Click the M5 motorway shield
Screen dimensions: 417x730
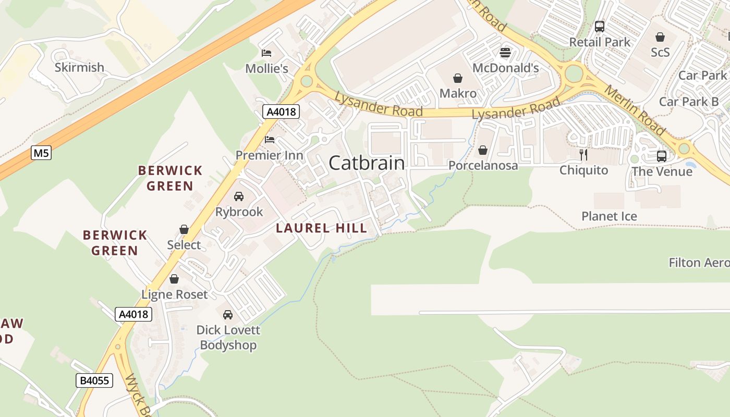click(41, 153)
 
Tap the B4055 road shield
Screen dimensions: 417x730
click(94, 381)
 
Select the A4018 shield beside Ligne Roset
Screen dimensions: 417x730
click(133, 314)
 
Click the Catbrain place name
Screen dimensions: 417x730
click(367, 163)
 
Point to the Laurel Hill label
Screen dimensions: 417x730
click(321, 228)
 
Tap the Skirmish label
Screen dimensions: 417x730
click(79, 67)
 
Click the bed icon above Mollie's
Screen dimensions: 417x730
click(266, 53)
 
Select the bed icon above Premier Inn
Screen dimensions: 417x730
click(270, 139)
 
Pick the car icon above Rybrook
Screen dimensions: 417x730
click(239, 197)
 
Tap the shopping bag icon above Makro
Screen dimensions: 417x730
click(458, 78)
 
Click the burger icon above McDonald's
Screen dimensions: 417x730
click(505, 52)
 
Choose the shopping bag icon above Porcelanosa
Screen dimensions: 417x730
click(483, 150)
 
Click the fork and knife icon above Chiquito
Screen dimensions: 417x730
click(583, 154)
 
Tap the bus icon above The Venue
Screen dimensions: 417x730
click(662, 155)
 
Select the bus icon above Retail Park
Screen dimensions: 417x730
click(600, 26)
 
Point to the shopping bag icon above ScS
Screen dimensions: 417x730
click(660, 37)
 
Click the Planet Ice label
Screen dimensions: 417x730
click(609, 216)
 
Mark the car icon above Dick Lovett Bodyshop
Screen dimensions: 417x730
click(228, 314)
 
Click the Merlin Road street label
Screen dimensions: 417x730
click(634, 109)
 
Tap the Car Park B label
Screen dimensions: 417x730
click(688, 102)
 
